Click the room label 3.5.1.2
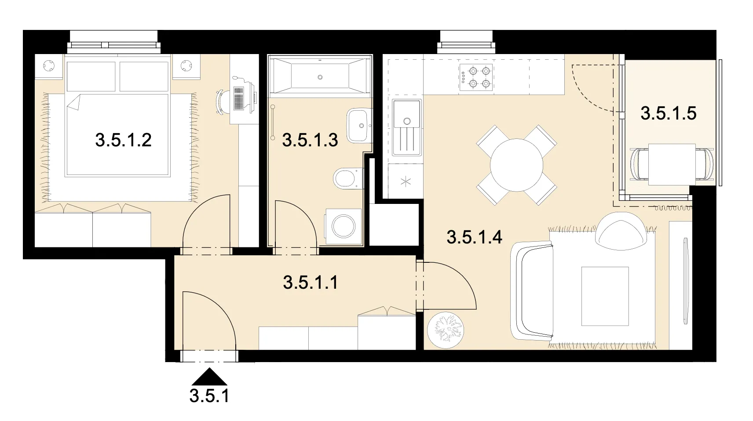point(123,140)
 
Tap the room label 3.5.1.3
point(310,140)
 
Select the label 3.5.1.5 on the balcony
point(668,113)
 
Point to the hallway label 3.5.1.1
point(310,283)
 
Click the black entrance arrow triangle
point(209,376)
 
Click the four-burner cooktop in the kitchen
point(476,78)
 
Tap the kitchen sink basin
point(407,114)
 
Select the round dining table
point(516,165)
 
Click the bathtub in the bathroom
point(320,76)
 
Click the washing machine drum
point(344,227)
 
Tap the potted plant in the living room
point(446,330)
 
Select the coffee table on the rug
point(605,296)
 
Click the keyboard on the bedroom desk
point(239,99)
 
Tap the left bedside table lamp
point(49,66)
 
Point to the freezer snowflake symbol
point(406,182)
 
